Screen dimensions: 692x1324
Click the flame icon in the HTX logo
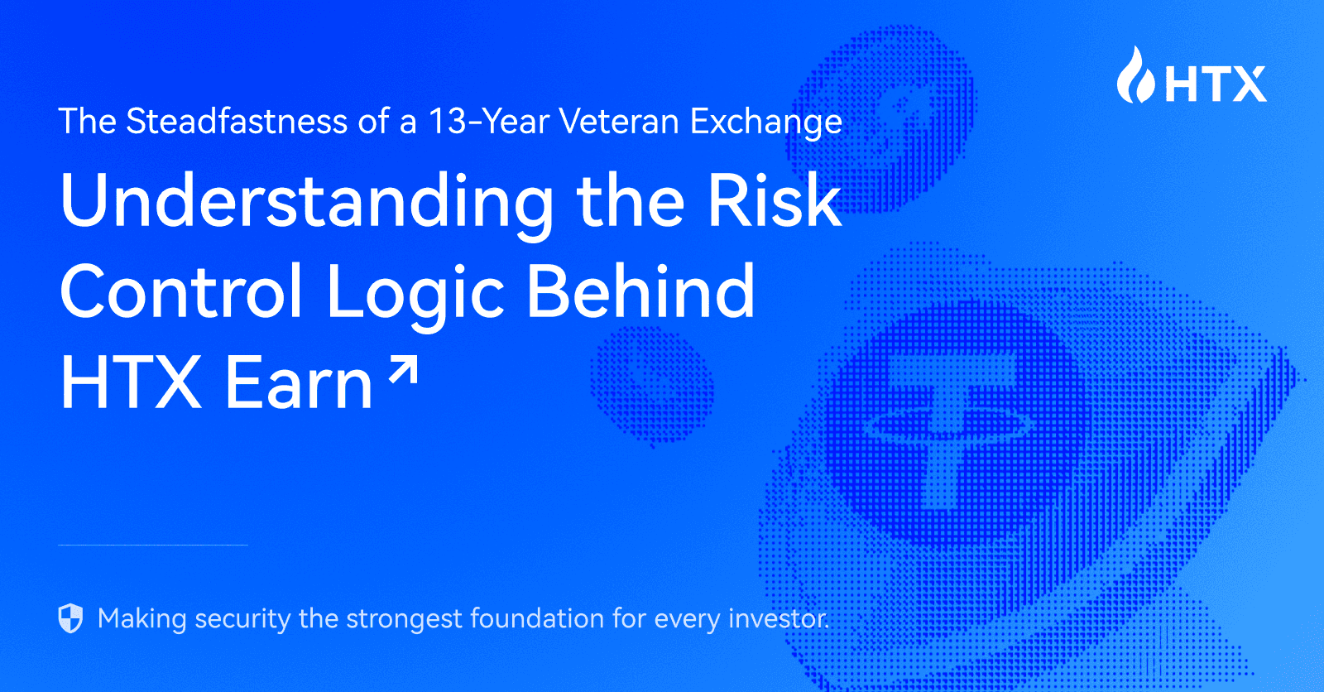1135,76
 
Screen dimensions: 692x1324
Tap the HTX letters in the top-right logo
1216,84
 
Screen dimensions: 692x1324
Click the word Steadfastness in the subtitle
237,122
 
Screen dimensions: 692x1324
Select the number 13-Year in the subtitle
488,122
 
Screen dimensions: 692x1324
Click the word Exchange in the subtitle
766,122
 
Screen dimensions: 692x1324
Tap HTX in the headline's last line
131,382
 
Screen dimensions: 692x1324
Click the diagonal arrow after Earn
404,370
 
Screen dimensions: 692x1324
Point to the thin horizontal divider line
153,545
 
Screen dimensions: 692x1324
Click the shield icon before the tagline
71,618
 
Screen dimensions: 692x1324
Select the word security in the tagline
242,619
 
